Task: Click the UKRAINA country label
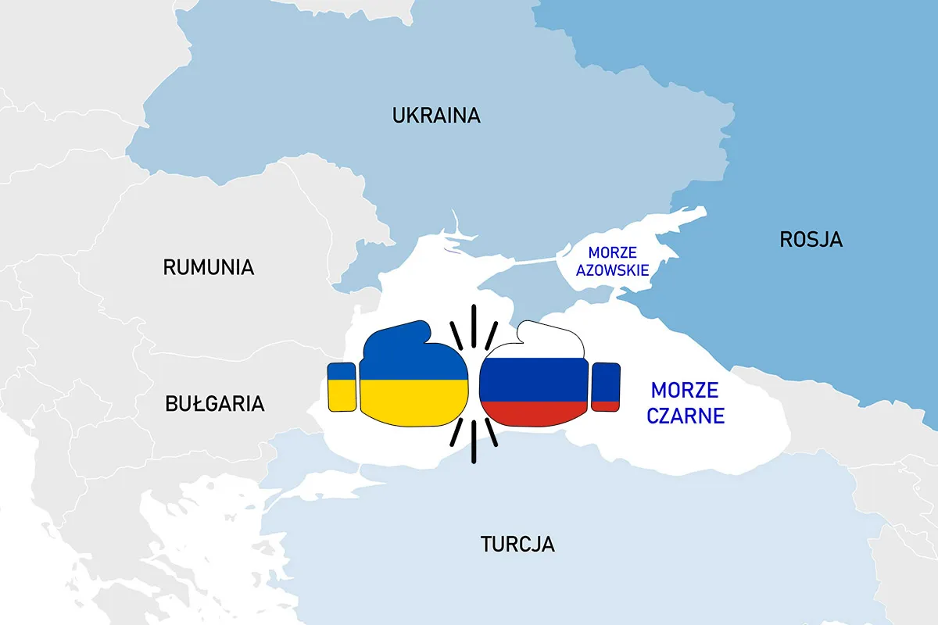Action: [x=436, y=116]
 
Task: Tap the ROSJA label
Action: [x=811, y=239]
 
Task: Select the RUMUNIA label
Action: [x=209, y=267]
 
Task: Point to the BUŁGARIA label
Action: [x=215, y=404]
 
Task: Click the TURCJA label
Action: [x=517, y=544]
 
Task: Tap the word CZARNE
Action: [x=686, y=416]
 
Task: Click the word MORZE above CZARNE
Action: [x=686, y=390]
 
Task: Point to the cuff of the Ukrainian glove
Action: [x=342, y=387]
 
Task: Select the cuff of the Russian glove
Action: [x=606, y=387]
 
